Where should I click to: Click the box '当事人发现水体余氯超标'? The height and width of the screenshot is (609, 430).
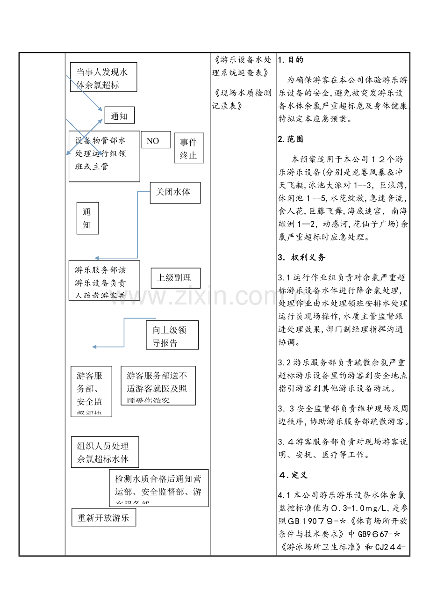click(x=103, y=77)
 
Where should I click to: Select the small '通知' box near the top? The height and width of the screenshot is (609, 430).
click(x=120, y=116)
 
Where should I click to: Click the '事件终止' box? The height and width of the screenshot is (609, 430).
click(x=189, y=148)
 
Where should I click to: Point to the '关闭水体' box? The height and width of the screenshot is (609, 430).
click(x=175, y=193)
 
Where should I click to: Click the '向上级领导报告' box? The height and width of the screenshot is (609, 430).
click(x=172, y=335)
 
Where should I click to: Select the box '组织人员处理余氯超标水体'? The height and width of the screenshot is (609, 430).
click(x=105, y=452)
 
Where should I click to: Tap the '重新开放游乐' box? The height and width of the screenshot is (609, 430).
click(x=104, y=517)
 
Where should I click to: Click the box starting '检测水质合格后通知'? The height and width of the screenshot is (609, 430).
click(x=159, y=488)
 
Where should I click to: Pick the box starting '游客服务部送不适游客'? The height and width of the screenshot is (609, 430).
click(x=158, y=385)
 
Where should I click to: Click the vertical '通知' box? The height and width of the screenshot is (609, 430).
click(x=87, y=218)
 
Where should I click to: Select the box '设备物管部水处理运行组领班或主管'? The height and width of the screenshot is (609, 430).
click(x=104, y=156)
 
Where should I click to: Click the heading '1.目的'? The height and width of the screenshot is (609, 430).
click(x=291, y=60)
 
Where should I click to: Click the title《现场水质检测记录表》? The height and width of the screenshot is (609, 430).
click(x=242, y=99)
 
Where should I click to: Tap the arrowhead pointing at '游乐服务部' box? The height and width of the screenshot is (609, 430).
click(x=96, y=258)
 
